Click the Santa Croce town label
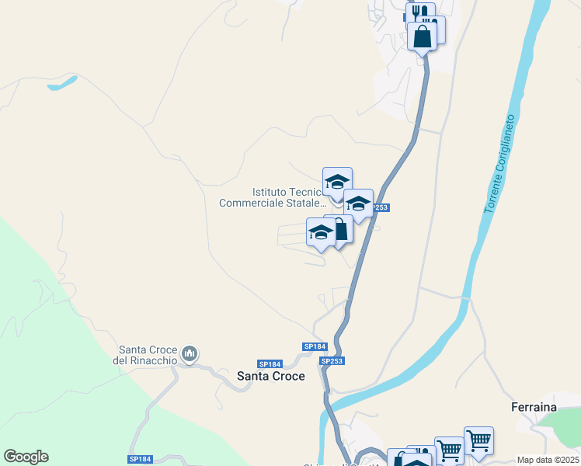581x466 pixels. pyautogui.click(x=270, y=376)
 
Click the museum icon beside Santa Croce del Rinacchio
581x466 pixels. pyautogui.click(x=189, y=356)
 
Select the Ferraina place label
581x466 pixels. pyautogui.click(x=535, y=406)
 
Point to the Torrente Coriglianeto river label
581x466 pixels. pyautogui.click(x=499, y=165)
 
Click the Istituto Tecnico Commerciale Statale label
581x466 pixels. pyautogui.click(x=270, y=197)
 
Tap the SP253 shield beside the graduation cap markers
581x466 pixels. pyautogui.click(x=378, y=207)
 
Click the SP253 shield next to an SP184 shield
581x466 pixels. pyautogui.click(x=332, y=361)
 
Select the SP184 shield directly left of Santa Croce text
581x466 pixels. pyautogui.click(x=269, y=363)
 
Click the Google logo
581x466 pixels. pyautogui.click(x=26, y=457)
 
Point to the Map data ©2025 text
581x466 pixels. pyautogui.click(x=548, y=460)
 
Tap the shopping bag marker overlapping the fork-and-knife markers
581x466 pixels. pyautogui.click(x=422, y=37)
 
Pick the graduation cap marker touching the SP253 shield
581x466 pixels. pyautogui.click(x=358, y=204)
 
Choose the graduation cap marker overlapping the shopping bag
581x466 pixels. pyautogui.click(x=321, y=232)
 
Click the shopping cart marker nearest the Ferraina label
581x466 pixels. pyautogui.click(x=478, y=441)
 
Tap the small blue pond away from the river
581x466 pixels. pyautogui.click(x=62, y=82)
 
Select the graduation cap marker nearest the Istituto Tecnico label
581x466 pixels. pyautogui.click(x=337, y=183)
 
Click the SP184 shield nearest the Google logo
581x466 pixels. pyautogui.click(x=140, y=461)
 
